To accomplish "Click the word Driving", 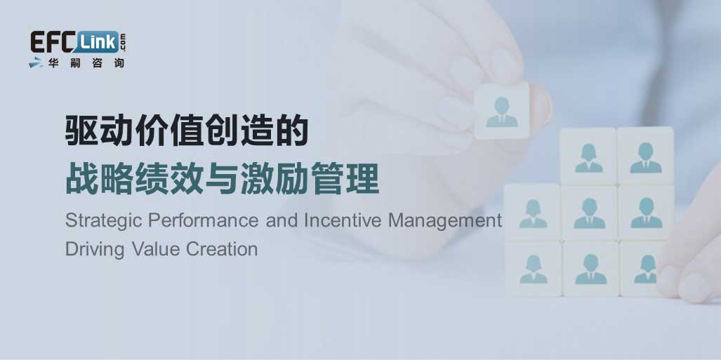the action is point(95,250).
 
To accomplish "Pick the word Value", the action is point(154,249).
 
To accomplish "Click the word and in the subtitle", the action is point(282,220).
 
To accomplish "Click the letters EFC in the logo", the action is point(51,42).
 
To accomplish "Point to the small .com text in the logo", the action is point(124,42).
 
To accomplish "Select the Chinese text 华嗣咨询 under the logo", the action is point(85,63).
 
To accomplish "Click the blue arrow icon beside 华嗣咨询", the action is point(37,63).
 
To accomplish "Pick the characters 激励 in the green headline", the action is point(275,180).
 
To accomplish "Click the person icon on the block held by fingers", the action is point(502,113).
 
